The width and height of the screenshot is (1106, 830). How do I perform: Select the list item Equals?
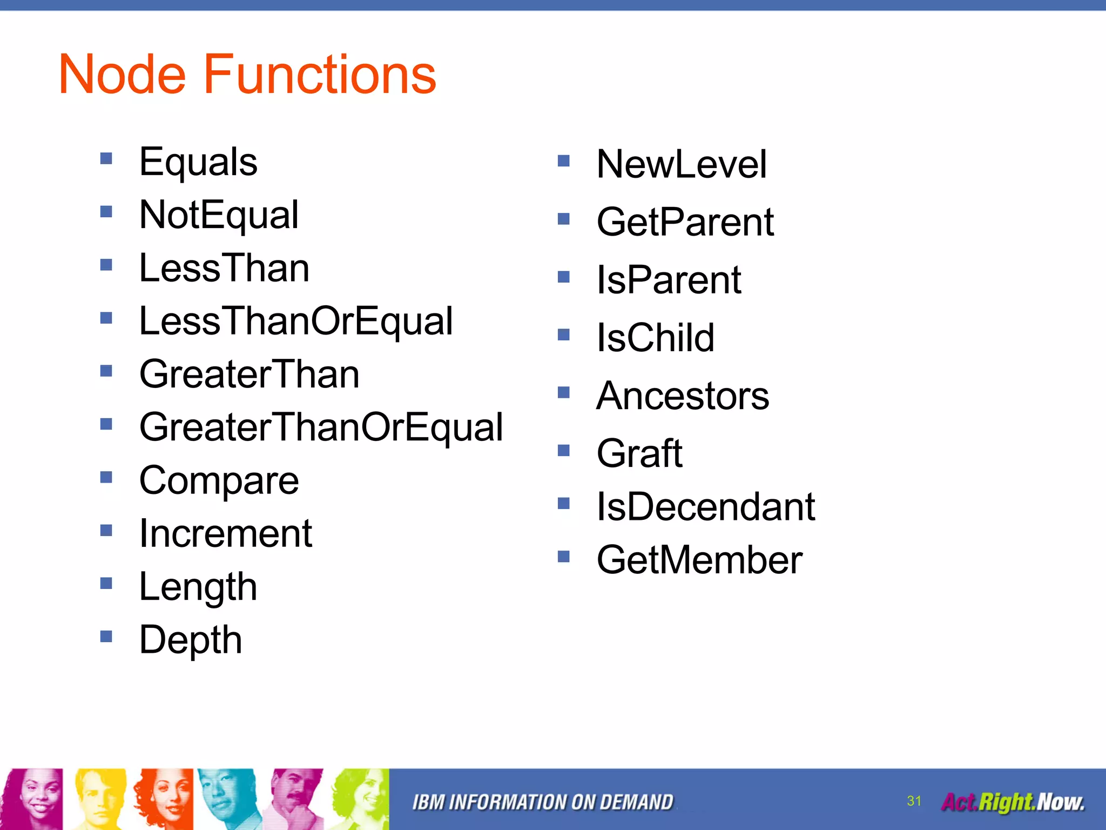(198, 162)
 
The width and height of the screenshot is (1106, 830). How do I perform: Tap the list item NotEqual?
(219, 215)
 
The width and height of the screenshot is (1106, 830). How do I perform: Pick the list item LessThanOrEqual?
(296, 321)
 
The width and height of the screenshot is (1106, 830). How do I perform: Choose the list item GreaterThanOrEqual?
(321, 427)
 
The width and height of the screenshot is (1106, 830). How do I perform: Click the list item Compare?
(219, 480)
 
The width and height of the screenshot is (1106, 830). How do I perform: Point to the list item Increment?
(226, 533)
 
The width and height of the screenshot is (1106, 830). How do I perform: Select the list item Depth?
(190, 640)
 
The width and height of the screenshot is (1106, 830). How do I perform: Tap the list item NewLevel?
(681, 164)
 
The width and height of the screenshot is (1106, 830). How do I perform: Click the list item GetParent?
(685, 222)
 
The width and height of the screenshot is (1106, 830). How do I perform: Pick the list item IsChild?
(655, 338)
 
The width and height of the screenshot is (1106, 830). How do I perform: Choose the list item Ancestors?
(683, 396)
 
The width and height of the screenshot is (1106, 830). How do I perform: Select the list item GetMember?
(699, 560)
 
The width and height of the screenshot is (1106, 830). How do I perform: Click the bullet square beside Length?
(106, 583)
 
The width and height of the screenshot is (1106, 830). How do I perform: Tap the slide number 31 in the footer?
(914, 801)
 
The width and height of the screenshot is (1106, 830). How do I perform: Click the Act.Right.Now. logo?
(1013, 802)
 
